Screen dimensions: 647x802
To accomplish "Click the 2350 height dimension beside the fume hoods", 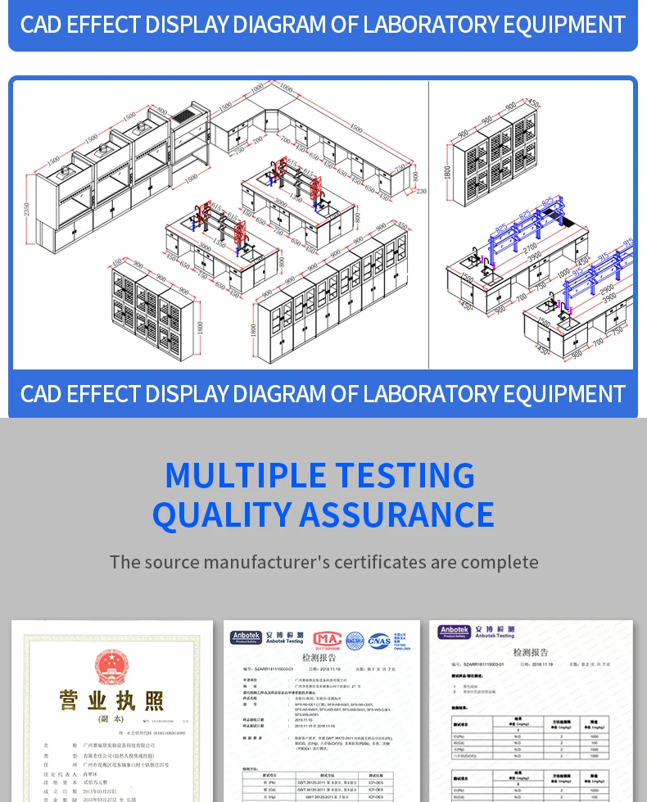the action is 27,209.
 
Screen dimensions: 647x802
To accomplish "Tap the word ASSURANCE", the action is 396,514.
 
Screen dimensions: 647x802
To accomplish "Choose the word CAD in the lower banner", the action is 41,394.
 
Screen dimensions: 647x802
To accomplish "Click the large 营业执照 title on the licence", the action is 111,701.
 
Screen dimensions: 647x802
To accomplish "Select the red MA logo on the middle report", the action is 327,639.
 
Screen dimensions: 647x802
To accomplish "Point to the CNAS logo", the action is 379,641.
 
